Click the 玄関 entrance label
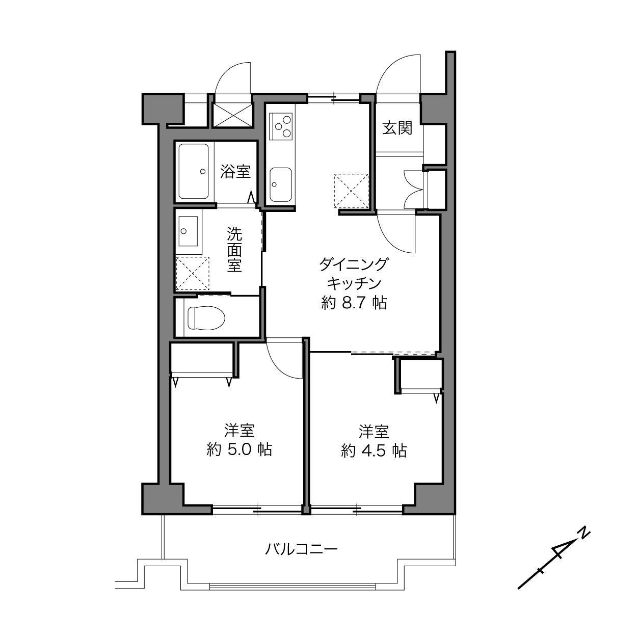click(397, 128)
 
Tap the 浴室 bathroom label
click(235, 172)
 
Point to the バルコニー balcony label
click(301, 549)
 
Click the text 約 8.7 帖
click(354, 302)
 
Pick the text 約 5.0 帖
click(240, 449)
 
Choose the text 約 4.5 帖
click(374, 450)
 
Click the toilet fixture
click(206, 318)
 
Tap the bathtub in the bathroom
click(194, 171)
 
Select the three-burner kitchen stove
click(281, 126)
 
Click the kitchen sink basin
click(281, 184)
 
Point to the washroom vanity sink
click(188, 231)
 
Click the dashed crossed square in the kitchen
click(351, 191)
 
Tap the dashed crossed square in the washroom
click(192, 274)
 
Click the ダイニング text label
click(353, 264)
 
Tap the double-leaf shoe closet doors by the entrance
click(414, 190)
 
